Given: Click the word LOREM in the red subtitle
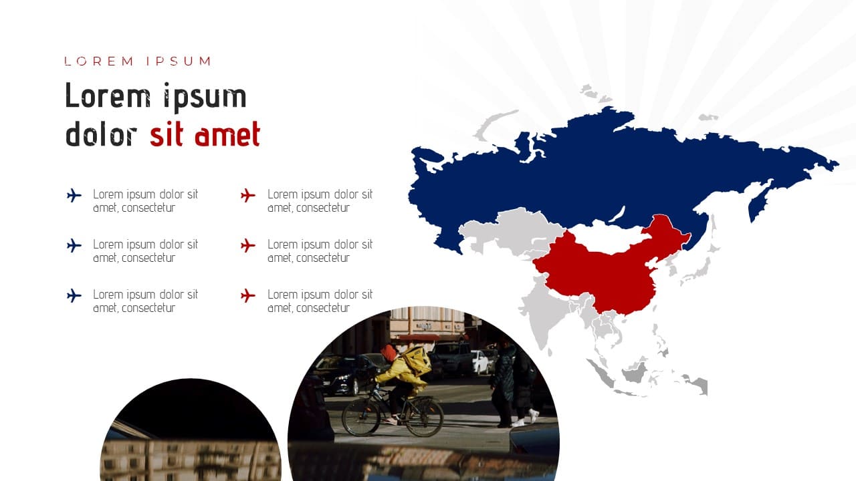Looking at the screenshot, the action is (99, 61).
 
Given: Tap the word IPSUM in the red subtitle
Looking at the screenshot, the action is (179, 61).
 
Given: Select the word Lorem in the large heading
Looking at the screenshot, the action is (108, 96).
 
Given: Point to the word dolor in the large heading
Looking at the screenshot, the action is (101, 134).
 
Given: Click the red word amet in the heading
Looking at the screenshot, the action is (227, 134).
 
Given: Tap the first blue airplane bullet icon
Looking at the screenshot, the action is (74, 196).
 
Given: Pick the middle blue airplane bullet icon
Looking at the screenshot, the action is (74, 245).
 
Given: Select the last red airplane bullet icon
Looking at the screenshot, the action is (248, 295).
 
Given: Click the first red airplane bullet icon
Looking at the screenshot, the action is (248, 196).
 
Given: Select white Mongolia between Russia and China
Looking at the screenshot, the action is (608, 236).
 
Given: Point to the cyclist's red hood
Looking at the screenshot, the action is (389, 353).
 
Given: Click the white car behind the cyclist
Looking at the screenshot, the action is (480, 362).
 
